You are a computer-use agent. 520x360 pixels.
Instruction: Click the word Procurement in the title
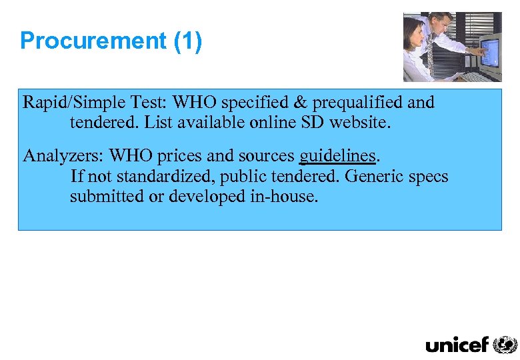pos(93,41)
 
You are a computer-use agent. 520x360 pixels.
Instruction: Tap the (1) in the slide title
pos(187,41)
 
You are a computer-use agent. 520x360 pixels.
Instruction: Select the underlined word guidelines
pos(338,156)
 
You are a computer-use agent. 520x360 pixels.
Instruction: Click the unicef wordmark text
pos(457,345)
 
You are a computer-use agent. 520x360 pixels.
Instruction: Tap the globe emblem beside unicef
pos(505,344)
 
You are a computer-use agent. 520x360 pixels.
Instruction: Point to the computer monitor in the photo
pos(489,50)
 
